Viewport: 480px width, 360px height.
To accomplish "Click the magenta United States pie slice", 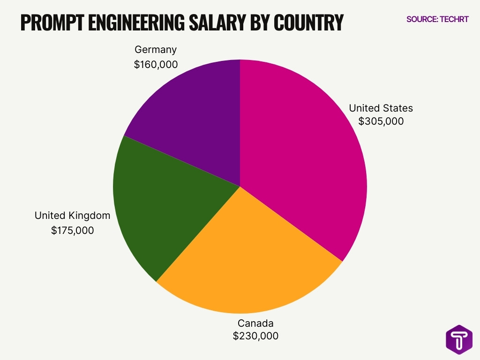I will [300, 155].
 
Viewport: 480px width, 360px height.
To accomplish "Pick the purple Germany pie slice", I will [197, 117].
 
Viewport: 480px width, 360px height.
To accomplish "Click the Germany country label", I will [156, 50].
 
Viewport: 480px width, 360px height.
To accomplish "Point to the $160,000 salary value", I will [156, 65].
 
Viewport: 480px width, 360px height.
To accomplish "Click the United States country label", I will [381, 108].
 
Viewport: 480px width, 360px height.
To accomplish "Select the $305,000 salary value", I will [381, 121].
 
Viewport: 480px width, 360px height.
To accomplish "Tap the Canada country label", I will [255, 323].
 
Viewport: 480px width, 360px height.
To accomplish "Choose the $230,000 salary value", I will [255, 336].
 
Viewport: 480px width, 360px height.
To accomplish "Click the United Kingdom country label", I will [72, 216].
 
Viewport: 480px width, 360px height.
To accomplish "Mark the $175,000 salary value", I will [72, 231].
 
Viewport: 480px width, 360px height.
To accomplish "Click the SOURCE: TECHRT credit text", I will [437, 20].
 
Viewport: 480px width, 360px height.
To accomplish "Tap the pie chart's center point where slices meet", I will [240, 187].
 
